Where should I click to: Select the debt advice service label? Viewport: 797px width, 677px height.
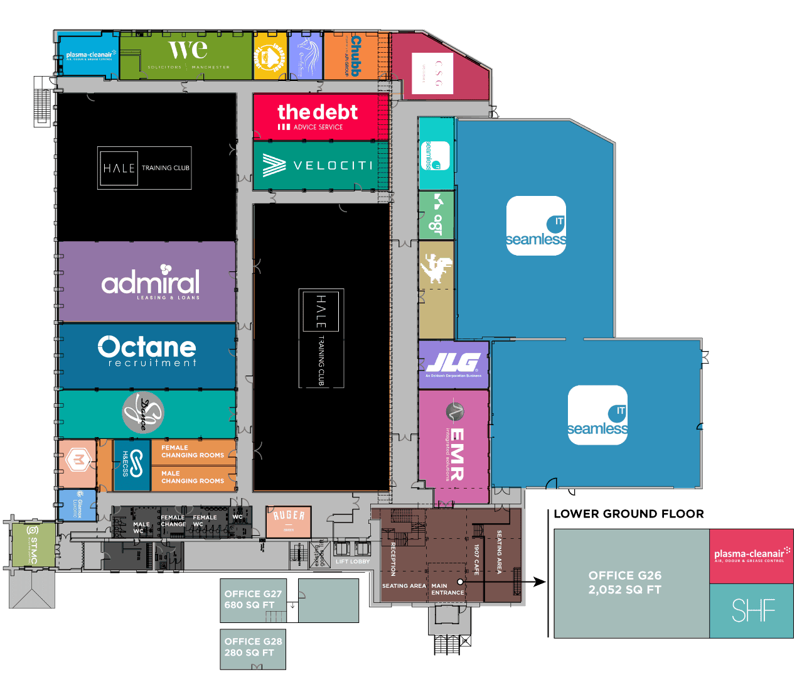317,116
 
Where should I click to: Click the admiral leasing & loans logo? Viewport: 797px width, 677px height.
151,283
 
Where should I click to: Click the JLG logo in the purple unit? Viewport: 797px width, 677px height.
453,364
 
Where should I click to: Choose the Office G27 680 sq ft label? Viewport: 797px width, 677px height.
253,599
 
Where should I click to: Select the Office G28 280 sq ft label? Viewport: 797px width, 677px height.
253,647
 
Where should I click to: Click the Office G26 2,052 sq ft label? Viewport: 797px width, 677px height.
624,582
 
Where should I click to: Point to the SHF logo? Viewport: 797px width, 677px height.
753,610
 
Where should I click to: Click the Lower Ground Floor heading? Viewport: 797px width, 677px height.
628,514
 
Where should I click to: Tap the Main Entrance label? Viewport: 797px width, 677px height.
447,589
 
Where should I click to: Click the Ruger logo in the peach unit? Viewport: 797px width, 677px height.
289,517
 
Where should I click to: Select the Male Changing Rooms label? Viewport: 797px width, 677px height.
193,477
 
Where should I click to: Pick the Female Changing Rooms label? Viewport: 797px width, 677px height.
193,452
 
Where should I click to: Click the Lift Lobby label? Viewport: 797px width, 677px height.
352,561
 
